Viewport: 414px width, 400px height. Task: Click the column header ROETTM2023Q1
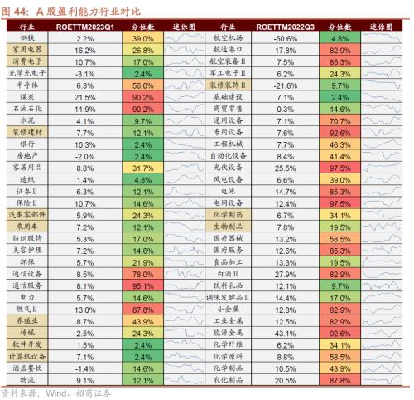point(84,27)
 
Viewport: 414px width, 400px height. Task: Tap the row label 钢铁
point(26,38)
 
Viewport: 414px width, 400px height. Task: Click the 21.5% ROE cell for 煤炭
point(84,97)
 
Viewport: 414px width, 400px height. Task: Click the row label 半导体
point(26,85)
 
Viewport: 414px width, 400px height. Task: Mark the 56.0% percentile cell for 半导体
point(142,85)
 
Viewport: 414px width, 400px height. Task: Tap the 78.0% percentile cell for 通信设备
point(142,273)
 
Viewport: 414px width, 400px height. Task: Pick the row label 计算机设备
point(26,355)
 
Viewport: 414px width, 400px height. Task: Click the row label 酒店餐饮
point(26,367)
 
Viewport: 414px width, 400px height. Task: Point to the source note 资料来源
point(21,392)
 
